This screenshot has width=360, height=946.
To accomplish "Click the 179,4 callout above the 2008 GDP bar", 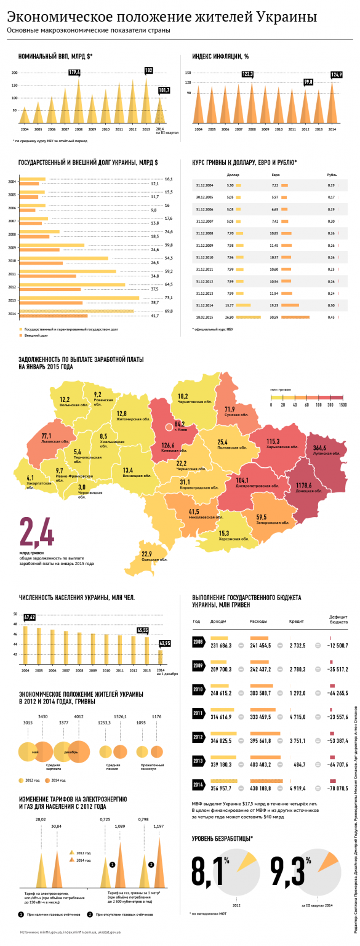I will click(74, 73).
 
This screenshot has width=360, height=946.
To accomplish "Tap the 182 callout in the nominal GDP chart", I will click(148, 70).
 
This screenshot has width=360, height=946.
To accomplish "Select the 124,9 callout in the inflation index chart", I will click(336, 75).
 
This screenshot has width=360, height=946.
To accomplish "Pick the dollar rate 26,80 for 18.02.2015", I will click(230, 318).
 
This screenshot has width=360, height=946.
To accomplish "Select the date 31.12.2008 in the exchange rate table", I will click(204, 234).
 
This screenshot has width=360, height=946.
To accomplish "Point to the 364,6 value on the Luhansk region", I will click(320, 448).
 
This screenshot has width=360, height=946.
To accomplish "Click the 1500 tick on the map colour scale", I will click(342, 405).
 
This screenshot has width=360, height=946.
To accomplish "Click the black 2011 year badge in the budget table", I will click(199, 713).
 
